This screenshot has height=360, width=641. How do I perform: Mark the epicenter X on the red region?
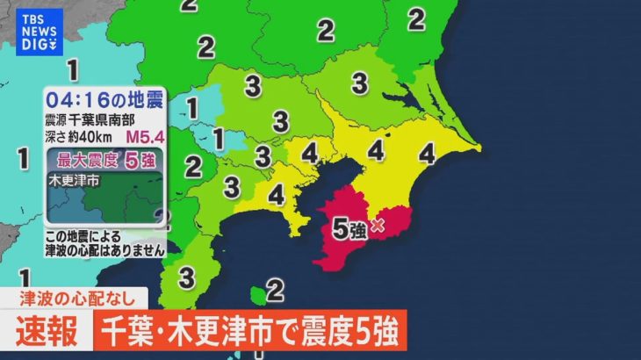379,226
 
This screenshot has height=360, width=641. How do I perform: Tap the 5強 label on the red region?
350,230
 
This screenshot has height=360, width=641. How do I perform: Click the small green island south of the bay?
256,293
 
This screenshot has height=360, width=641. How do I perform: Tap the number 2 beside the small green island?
275,289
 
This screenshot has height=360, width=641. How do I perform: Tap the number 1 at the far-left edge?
19,159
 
